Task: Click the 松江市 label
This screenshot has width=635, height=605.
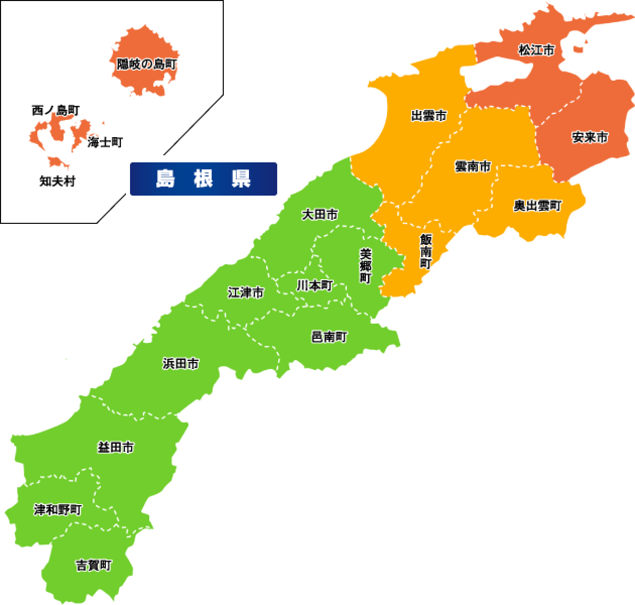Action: pos(537,50)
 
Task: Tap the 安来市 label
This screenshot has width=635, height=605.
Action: pos(590,137)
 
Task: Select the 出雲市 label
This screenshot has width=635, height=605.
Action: pos(429,116)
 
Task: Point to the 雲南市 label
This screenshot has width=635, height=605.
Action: pos(472,166)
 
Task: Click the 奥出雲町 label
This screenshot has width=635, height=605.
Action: pos(537,206)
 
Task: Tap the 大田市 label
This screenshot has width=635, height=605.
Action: pos(320,215)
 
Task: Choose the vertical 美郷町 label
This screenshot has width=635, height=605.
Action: pos(365,265)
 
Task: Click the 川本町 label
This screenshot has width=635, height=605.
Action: pos(314,285)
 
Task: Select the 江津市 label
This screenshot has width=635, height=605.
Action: pos(245,292)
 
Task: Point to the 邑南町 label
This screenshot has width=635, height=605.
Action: pos(330,337)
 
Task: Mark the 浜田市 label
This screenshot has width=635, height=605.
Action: pos(180,364)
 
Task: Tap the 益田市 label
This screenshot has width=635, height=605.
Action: pos(115,447)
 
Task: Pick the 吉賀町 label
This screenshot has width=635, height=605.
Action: pos(93,565)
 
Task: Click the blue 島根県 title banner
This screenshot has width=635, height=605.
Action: pos(204,179)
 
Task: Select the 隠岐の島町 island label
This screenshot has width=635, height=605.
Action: pos(147,65)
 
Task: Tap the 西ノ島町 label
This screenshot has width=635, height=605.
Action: pos(55,110)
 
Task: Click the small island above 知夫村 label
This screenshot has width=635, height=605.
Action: pos(56,162)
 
